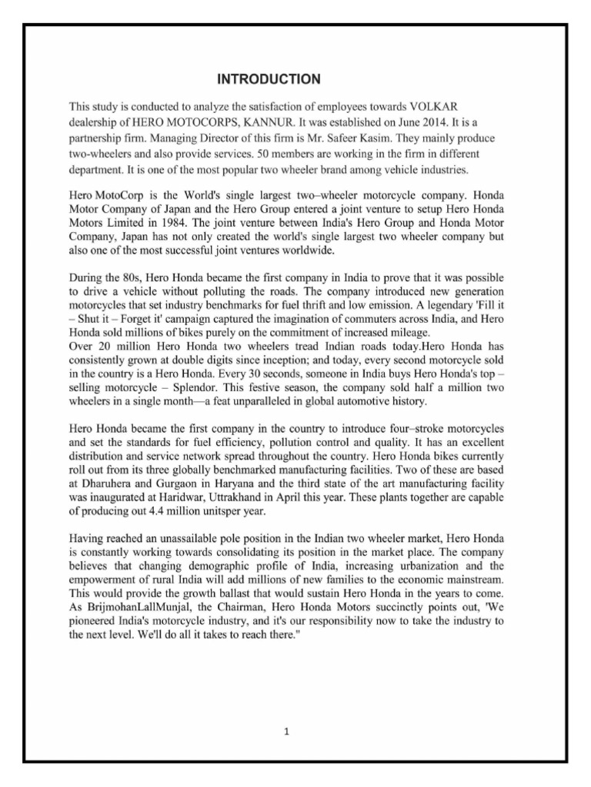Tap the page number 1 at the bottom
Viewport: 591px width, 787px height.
[x=285, y=732]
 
